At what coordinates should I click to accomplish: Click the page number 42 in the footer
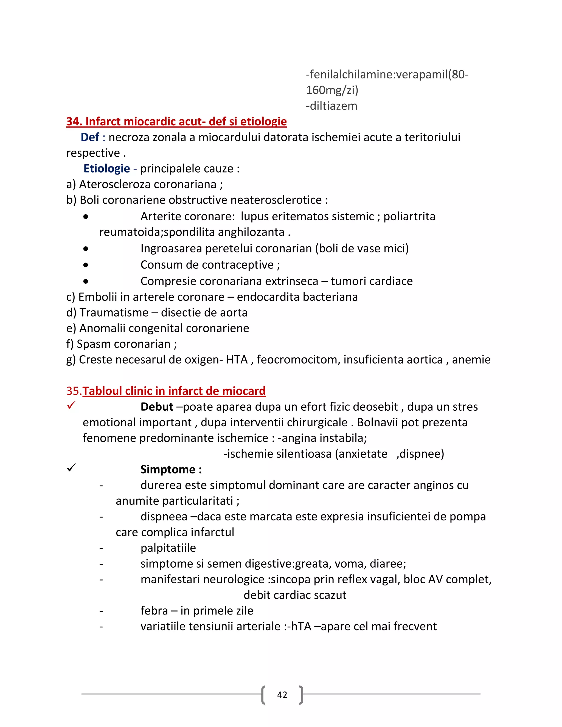tap(282, 695)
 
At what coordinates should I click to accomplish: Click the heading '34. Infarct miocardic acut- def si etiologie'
tap(176, 122)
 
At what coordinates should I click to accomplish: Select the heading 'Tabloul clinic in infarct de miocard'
tap(174, 391)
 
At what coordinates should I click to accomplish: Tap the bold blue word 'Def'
tap(90, 137)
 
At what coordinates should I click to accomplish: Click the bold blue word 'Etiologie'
tap(106, 168)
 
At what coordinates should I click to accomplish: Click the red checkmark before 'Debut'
tap(71, 405)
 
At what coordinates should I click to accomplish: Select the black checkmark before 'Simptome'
tap(71, 468)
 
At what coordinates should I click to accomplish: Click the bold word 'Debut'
tap(156, 407)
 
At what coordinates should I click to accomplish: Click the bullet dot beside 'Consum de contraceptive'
tap(86, 265)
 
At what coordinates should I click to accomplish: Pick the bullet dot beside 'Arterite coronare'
tap(86, 217)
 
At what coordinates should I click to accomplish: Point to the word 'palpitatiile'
tap(168, 548)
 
